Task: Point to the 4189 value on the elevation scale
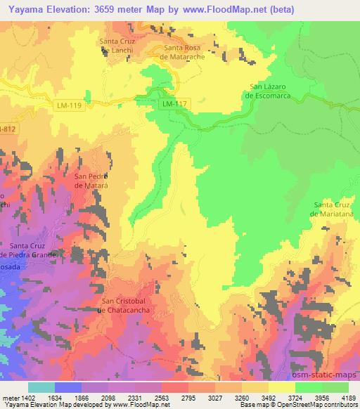pos(349,397)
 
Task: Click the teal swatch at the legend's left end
pos(41,387)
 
